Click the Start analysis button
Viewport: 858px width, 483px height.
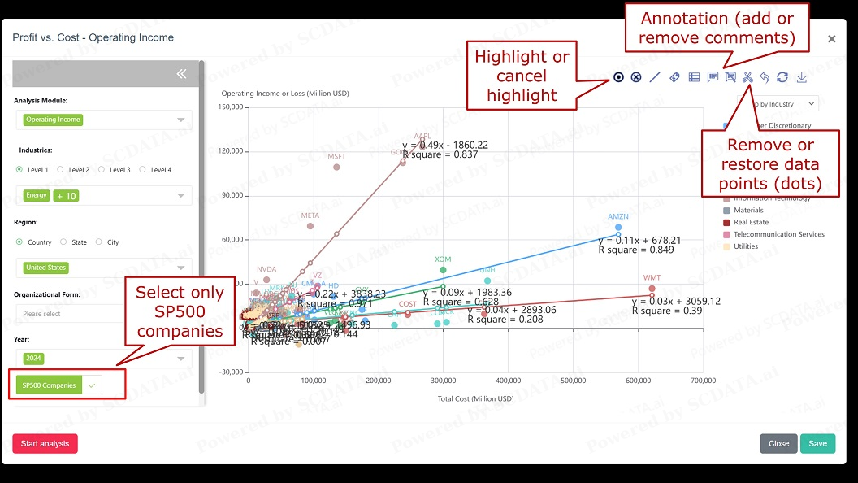pyautogui.click(x=45, y=444)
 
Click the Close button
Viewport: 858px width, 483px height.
pyautogui.click(x=778, y=444)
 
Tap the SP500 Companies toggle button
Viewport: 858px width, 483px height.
pyautogui.click(x=50, y=385)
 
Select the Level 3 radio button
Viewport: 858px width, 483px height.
pyautogui.click(x=102, y=170)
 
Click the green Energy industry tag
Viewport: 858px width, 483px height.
pyautogui.click(x=36, y=195)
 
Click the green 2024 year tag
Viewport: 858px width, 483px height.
pyautogui.click(x=34, y=359)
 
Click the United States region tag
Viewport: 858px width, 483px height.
pyautogui.click(x=45, y=268)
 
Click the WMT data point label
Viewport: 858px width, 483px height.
pyautogui.click(x=652, y=278)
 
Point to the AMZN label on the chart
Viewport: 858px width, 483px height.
pyautogui.click(x=618, y=217)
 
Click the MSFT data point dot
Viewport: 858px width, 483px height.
pyautogui.click(x=336, y=168)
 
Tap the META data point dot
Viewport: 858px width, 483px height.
pyautogui.click(x=310, y=226)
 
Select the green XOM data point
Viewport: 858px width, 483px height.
pyautogui.click(x=443, y=270)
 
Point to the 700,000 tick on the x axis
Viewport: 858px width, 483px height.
pyautogui.click(x=703, y=381)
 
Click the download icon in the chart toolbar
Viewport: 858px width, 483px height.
pyautogui.click(x=801, y=77)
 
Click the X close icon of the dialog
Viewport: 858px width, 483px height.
pyautogui.click(x=831, y=39)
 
